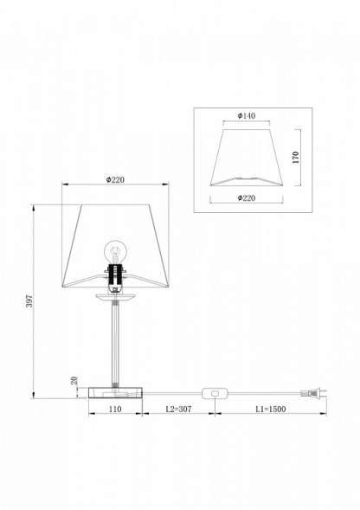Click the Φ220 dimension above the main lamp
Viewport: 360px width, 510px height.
point(116,179)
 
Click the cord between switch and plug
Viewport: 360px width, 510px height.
point(260,394)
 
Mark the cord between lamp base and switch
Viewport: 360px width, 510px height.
point(173,394)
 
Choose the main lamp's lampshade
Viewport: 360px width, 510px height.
point(87,242)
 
